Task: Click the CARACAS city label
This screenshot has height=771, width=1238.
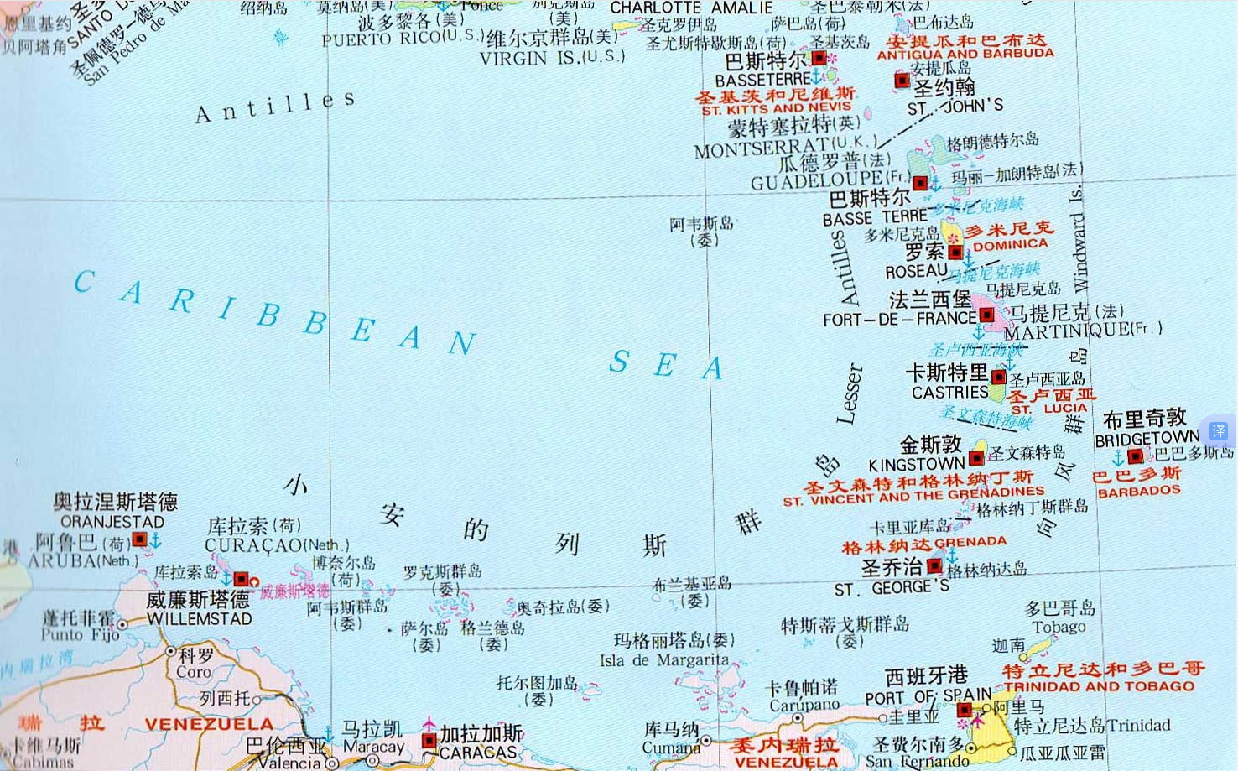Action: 478,753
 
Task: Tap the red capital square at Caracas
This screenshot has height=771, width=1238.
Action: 429,741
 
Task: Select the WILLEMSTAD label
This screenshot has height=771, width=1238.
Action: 199,619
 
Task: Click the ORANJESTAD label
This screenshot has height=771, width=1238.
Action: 112,521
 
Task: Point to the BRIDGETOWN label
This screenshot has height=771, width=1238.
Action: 1147,439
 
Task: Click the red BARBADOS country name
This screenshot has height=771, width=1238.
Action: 1139,492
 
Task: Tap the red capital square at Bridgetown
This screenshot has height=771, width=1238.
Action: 1135,456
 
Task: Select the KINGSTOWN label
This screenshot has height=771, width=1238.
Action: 916,464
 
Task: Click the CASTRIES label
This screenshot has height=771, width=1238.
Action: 949,393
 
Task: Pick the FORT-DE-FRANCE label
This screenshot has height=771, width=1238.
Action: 899,320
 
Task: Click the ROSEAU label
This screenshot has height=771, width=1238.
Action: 916,272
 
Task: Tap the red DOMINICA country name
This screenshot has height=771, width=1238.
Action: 1010,245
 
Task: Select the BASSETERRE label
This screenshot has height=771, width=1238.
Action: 762,81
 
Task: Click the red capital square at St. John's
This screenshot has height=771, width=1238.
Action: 902,81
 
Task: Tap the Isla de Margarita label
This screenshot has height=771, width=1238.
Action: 664,660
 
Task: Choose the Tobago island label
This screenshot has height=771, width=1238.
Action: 1059,627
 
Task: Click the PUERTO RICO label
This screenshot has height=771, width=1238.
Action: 403,39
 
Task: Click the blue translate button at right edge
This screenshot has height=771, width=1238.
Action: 1218,430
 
